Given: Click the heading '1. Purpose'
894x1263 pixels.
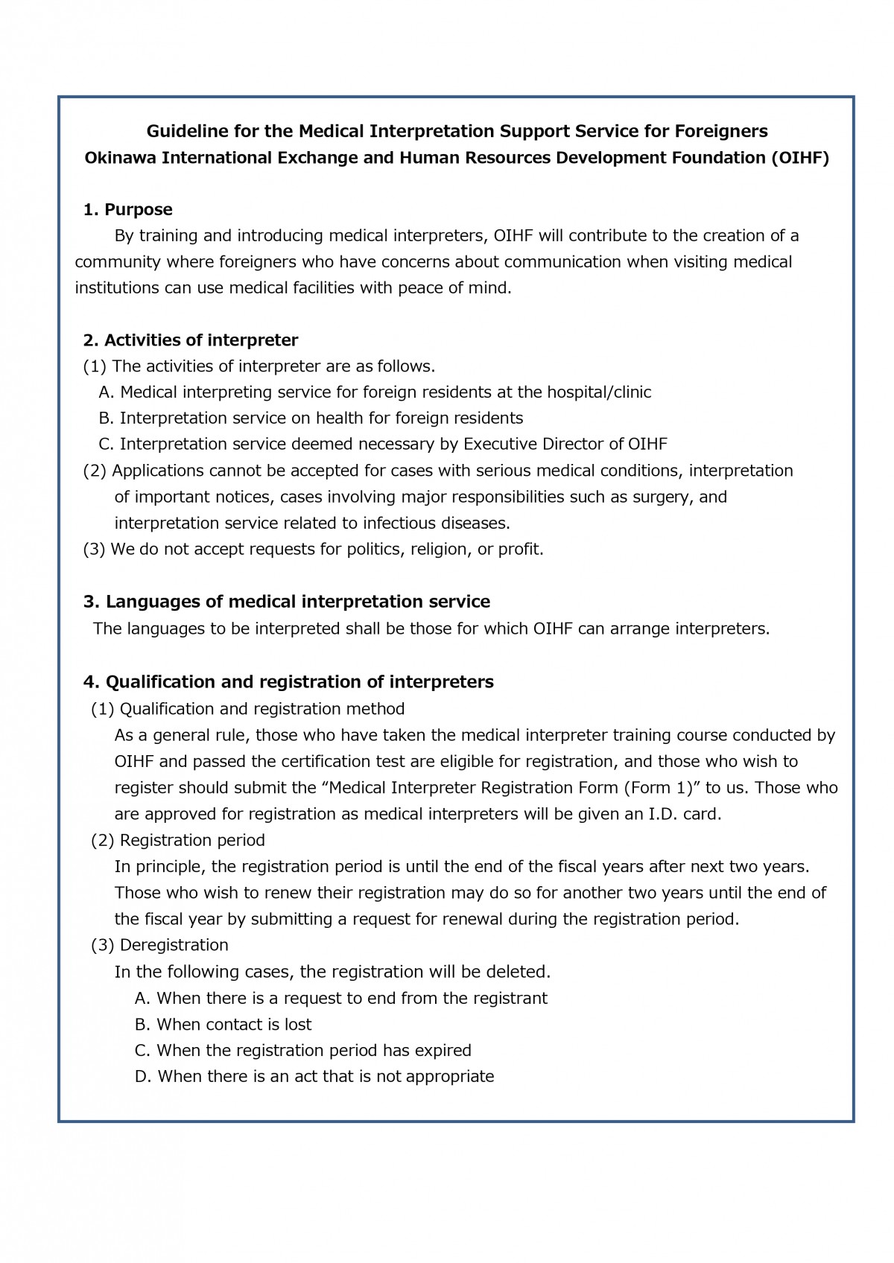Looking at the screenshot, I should [127, 209].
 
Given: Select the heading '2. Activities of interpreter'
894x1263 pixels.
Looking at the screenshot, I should [190, 340].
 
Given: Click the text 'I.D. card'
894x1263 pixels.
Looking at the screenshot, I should [682, 814].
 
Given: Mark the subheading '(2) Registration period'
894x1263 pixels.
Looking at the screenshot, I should [177, 840].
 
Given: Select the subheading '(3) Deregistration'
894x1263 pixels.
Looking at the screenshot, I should [159, 945].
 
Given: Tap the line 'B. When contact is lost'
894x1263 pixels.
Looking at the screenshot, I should [223, 1024].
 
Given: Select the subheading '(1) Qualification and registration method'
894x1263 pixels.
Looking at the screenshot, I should [247, 708].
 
